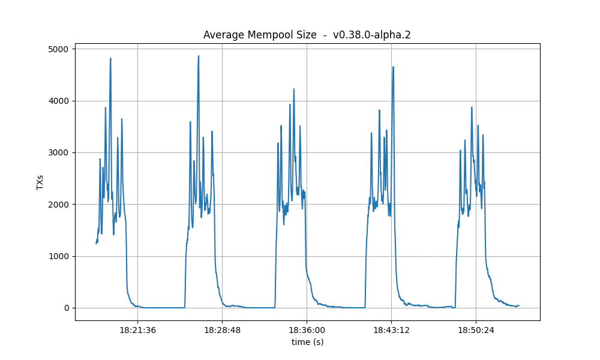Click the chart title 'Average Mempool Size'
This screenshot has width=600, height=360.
(x=260, y=35)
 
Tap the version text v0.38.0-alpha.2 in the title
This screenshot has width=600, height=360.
(x=371, y=35)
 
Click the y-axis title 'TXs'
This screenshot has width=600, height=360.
(x=40, y=182)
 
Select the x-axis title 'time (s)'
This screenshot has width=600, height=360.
(x=307, y=342)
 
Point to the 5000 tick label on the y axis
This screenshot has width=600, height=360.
(x=58, y=49)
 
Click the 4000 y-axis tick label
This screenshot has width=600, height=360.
(x=58, y=101)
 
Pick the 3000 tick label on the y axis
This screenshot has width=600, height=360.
(x=58, y=152)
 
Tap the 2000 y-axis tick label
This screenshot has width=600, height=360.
(x=58, y=205)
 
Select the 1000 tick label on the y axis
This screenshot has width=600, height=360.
(x=58, y=256)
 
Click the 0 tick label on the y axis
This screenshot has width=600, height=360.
(x=66, y=308)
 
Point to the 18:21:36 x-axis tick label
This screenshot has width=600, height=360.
(x=137, y=329)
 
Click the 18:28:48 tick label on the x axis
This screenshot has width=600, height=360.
(x=222, y=329)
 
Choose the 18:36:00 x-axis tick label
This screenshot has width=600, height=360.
(x=307, y=329)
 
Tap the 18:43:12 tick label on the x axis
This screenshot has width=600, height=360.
(x=391, y=329)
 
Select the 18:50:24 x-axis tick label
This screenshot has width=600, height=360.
(x=476, y=329)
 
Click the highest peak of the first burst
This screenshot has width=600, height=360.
(x=110, y=58)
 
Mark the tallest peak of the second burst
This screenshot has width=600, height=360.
(x=199, y=56)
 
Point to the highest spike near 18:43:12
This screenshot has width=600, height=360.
(x=393, y=67)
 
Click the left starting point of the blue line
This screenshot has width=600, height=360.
(x=96, y=244)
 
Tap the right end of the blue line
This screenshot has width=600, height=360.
(x=519, y=305)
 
